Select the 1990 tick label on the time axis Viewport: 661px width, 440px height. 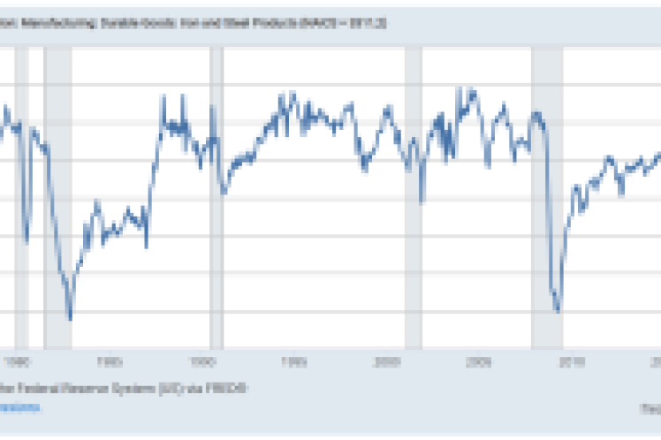click(x=203, y=360)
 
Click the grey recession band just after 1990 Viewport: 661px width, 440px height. click(x=217, y=194)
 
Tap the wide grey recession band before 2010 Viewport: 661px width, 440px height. click(x=547, y=194)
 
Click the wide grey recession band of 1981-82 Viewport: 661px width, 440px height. click(x=58, y=194)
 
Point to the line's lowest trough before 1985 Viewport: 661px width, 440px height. click(x=70, y=318)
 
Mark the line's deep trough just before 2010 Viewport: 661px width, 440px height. click(x=558, y=310)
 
